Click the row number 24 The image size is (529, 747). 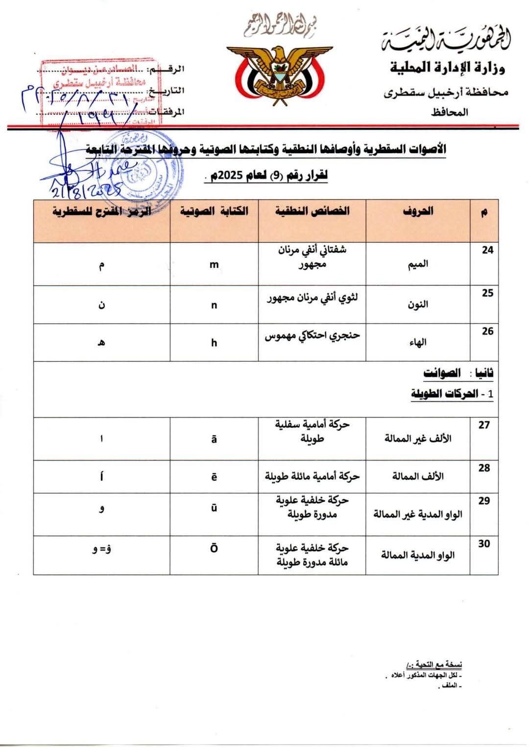(487, 250)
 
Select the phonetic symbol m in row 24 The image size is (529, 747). (214, 265)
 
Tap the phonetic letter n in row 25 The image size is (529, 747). (214, 305)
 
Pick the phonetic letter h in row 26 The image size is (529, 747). (214, 343)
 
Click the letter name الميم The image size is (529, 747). (418, 264)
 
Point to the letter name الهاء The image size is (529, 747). (418, 342)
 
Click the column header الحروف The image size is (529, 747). (418, 211)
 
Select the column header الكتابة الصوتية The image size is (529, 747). (214, 211)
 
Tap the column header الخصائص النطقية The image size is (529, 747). (312, 211)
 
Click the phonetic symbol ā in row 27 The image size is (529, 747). (214, 440)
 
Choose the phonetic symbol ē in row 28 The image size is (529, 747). (214, 477)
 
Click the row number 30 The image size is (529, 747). (484, 544)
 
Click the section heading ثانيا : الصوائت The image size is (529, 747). (458, 373)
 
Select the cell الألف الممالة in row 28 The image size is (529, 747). (418, 476)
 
